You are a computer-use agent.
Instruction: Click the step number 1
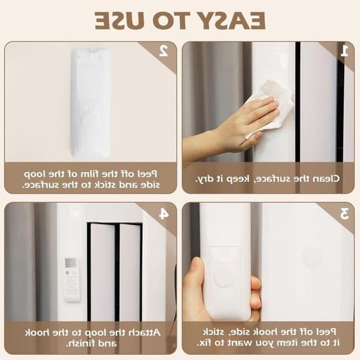344,51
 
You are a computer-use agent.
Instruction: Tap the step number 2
164,51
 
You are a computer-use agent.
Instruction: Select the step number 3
344,213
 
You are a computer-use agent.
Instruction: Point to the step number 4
164,213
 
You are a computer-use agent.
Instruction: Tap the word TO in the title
171,21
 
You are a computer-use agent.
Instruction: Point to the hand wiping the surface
232,128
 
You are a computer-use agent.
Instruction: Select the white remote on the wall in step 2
91,102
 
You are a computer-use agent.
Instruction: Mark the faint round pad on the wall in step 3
312,257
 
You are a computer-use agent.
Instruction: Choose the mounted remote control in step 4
71,279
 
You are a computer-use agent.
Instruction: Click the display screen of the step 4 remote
71,263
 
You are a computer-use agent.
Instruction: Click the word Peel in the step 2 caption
147,174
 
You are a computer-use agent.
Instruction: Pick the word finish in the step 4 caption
80,344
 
